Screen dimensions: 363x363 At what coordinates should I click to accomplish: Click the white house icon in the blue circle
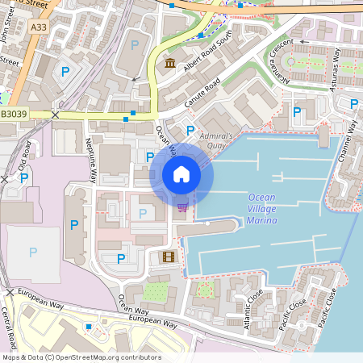pyautogui.click(x=181, y=174)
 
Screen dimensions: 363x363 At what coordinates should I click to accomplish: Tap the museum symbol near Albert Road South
pyautogui.click(x=169, y=64)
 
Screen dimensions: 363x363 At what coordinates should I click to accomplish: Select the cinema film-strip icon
pyautogui.click(x=168, y=257)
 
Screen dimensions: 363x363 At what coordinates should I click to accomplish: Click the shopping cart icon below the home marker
pyautogui.click(x=182, y=207)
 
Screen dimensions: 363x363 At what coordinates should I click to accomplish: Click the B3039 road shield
pyautogui.click(x=14, y=115)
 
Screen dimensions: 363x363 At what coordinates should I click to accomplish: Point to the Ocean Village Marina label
pyautogui.click(x=261, y=209)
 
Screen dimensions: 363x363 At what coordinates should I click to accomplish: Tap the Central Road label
pyautogui.click(x=17, y=323)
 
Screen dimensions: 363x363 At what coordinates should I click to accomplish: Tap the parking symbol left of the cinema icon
pyautogui.click(x=121, y=258)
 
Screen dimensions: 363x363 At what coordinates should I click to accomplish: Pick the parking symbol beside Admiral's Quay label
pyautogui.click(x=190, y=130)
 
